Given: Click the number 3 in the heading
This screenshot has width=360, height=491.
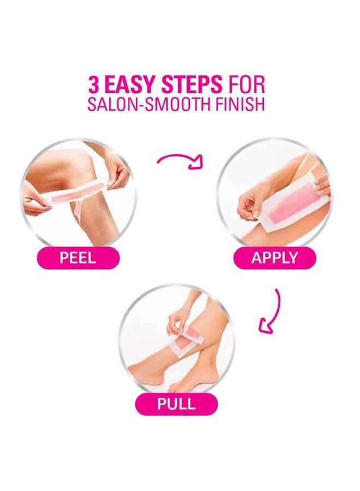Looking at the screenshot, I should point(95,85).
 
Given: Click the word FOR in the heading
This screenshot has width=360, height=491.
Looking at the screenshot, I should point(246,85).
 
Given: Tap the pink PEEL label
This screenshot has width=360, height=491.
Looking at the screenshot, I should point(77,258).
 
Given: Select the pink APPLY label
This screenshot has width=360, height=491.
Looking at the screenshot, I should point(274,258).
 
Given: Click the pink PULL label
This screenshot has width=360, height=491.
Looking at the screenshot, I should point(176,405).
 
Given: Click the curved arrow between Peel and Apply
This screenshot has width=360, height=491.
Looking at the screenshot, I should point(181,160).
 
